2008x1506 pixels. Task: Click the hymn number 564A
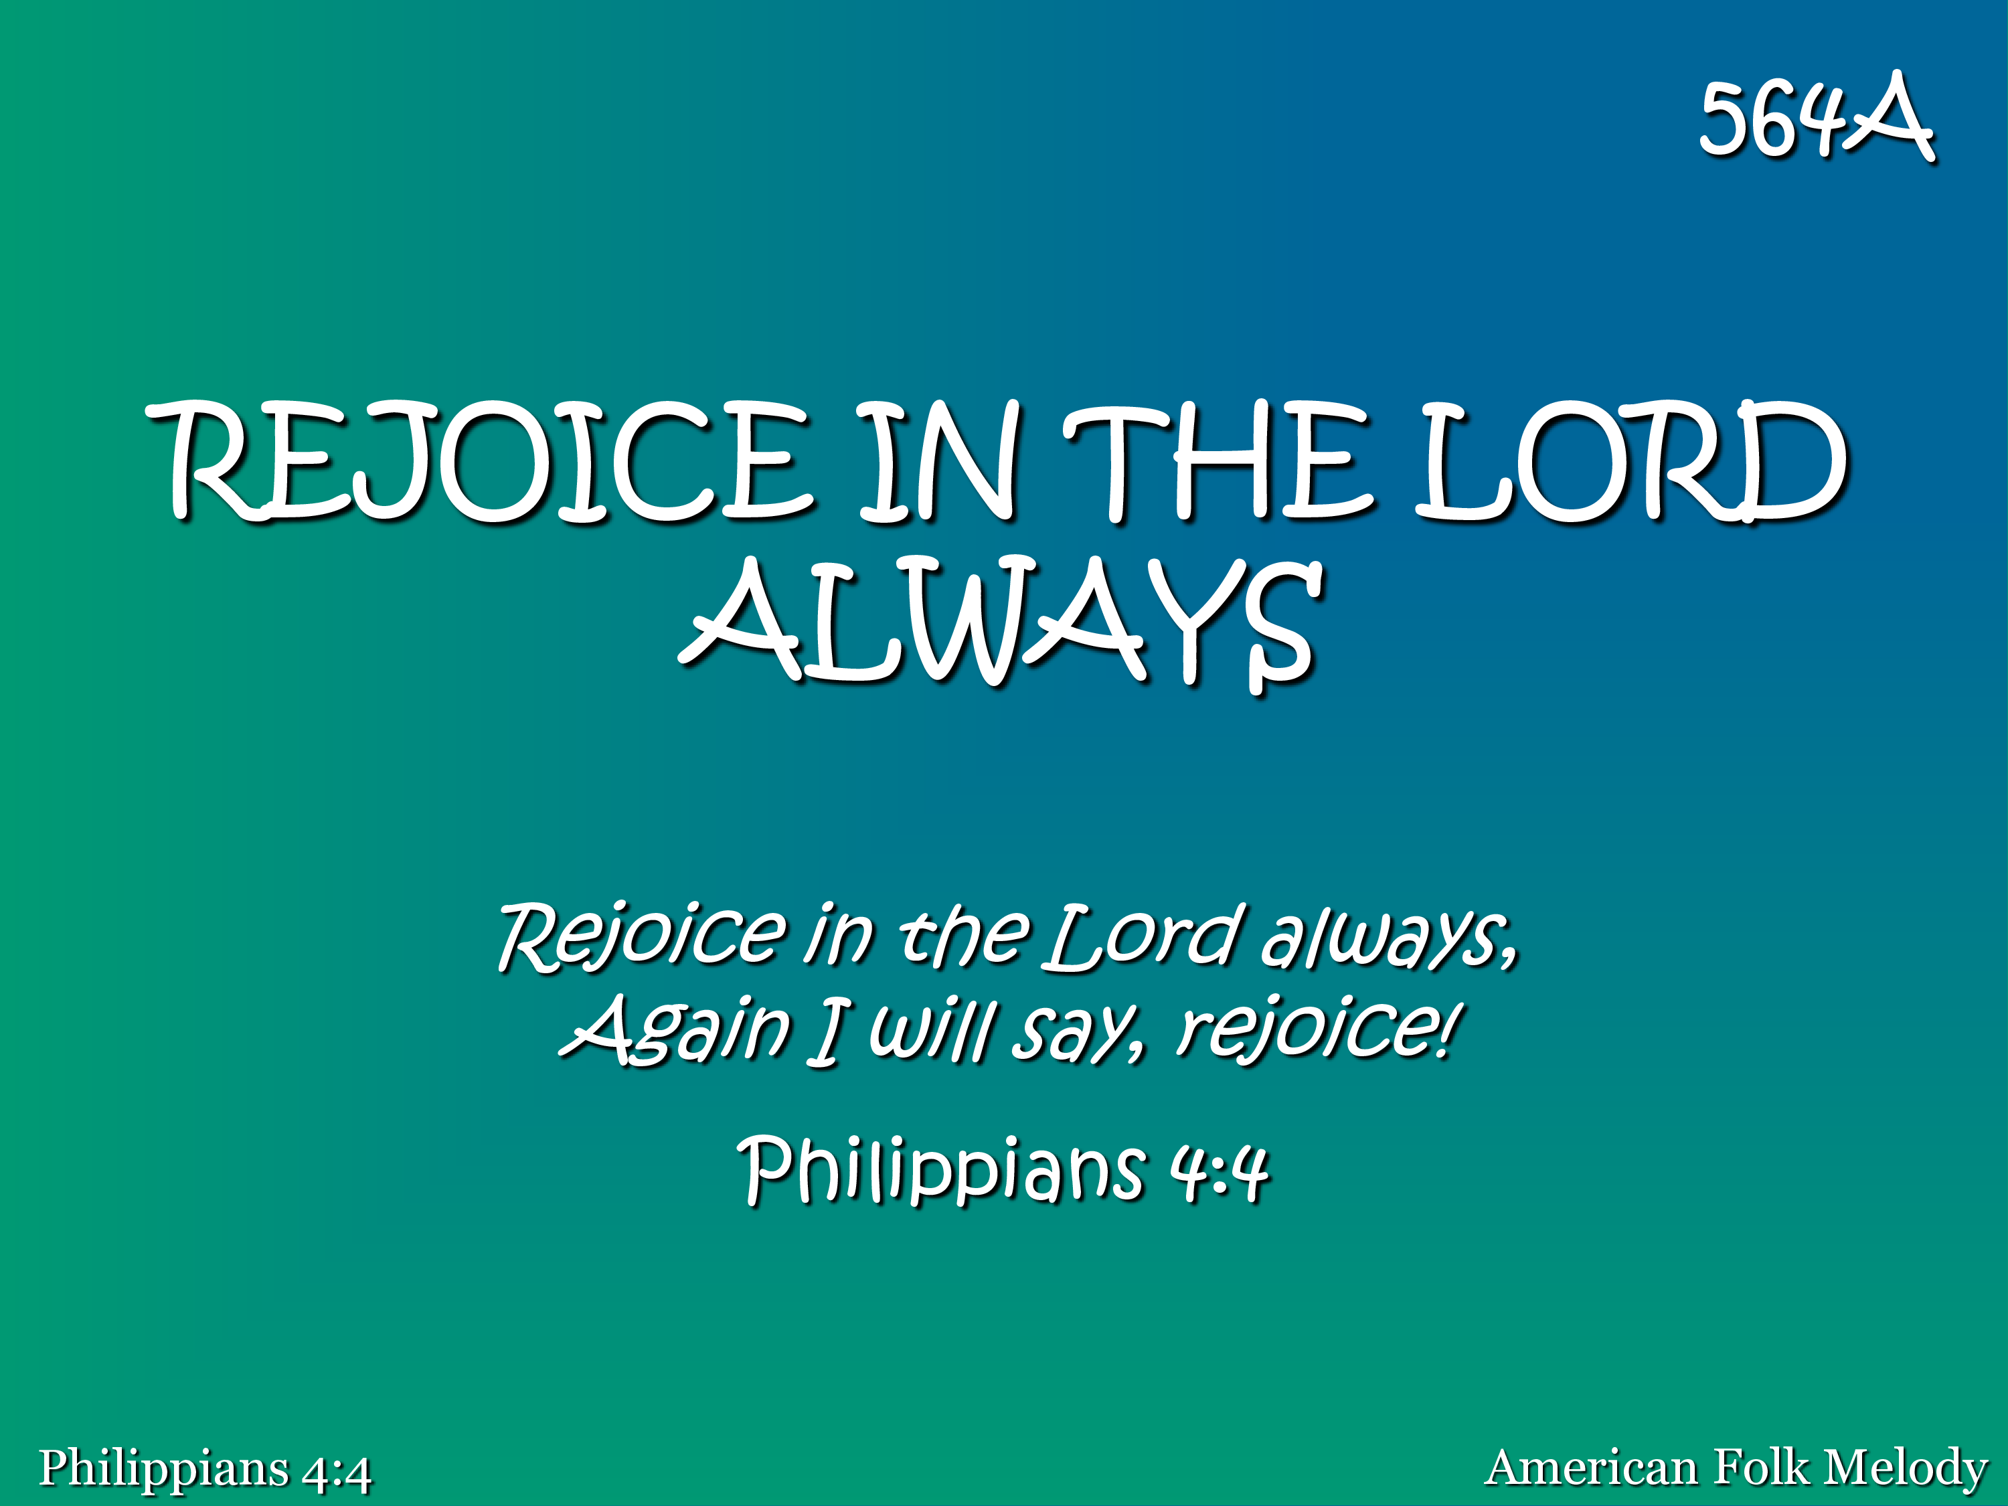point(1817,118)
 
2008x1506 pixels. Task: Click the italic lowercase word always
point(1390,935)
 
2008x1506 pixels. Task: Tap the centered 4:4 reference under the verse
point(1218,1171)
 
